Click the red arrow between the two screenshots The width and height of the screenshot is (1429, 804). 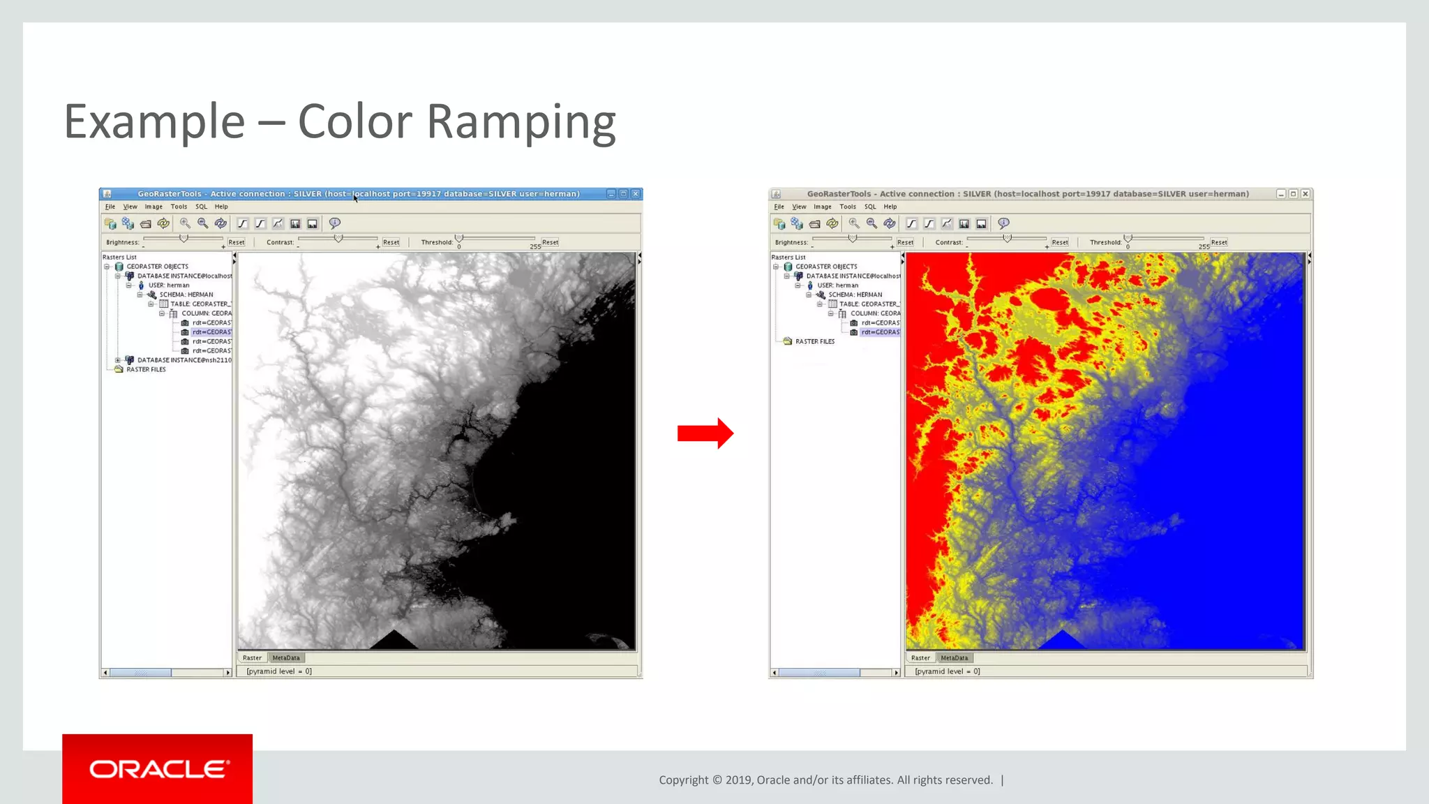705,433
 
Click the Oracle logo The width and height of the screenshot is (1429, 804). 158,769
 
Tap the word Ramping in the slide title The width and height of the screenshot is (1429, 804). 521,122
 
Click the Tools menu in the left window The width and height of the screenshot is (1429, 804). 179,207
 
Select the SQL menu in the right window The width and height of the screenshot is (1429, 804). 869,207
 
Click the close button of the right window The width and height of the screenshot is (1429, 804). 1305,194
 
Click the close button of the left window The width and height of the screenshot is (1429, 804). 636,194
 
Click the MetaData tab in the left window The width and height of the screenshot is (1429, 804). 286,658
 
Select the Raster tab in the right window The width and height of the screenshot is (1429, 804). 920,658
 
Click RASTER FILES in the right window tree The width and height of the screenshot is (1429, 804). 814,342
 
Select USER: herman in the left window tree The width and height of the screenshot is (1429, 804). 168,285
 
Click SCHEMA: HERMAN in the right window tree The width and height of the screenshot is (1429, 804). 855,295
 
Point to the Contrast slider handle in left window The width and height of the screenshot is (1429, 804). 338,239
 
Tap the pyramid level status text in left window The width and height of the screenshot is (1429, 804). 279,671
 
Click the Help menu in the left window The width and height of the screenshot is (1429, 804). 221,207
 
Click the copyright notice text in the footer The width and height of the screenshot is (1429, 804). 825,780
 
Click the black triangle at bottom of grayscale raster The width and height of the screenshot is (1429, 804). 394,641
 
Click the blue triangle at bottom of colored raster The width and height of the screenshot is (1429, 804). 1061,641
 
